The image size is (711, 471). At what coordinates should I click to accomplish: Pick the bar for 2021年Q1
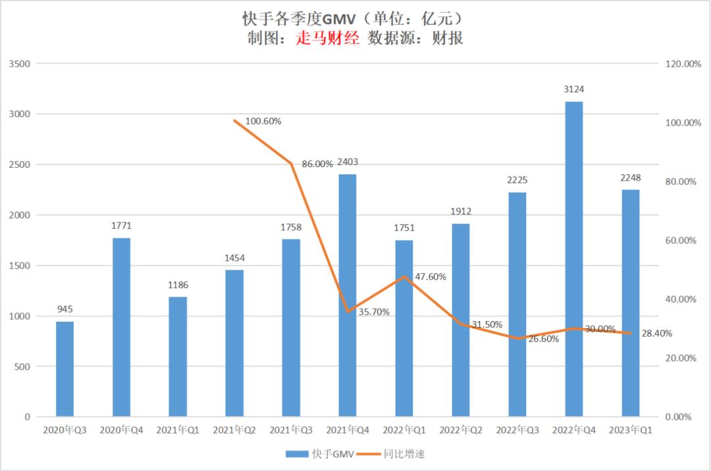click(x=178, y=357)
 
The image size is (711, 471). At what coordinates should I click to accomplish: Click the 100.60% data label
click(x=263, y=121)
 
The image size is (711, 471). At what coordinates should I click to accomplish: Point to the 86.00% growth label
click(x=317, y=164)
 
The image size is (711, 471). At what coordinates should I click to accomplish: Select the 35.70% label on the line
click(x=374, y=312)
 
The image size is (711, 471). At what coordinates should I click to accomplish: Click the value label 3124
click(x=573, y=89)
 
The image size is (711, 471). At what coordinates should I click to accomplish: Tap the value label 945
click(x=65, y=309)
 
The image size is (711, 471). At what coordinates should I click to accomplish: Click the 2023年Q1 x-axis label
click(x=630, y=430)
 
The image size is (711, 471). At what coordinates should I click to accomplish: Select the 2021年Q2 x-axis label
click(x=234, y=430)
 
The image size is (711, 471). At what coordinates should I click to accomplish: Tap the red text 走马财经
click(x=328, y=38)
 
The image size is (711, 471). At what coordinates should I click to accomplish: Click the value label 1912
click(x=460, y=211)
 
